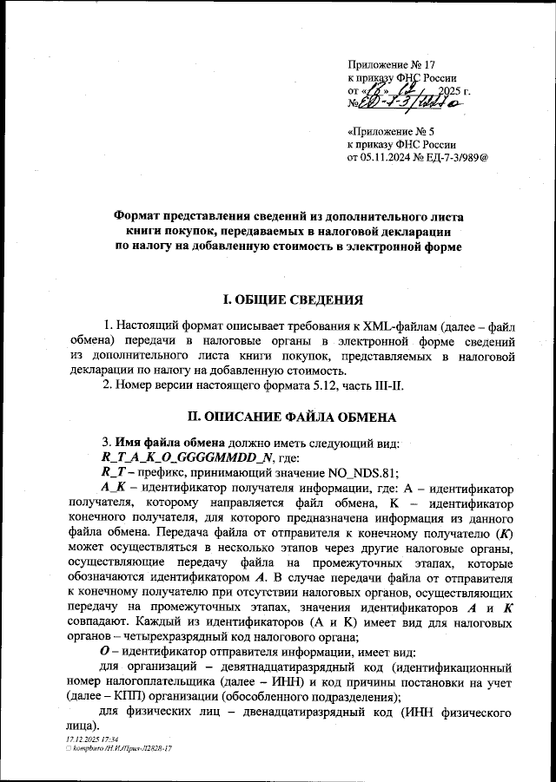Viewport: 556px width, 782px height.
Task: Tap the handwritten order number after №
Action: (x=409, y=103)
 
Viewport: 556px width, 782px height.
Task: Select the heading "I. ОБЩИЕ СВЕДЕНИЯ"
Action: (x=292, y=300)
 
